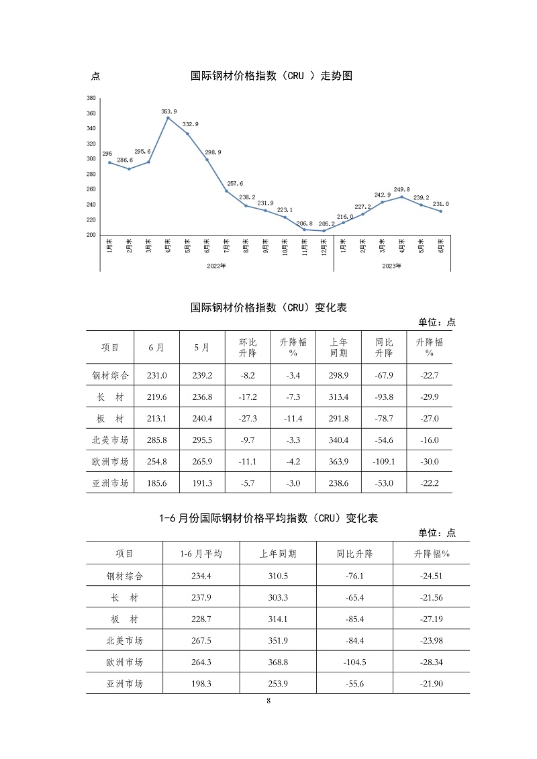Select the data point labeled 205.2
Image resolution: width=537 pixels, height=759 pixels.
324,231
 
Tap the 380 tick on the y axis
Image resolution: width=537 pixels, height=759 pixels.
91,98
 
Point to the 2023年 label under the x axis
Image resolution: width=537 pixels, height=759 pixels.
392,266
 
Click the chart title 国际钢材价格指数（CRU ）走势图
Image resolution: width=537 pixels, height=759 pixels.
272,76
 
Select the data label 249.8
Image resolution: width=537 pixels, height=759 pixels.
402,190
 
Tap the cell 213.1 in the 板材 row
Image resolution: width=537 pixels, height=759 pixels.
157,419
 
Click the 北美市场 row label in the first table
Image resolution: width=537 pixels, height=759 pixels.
110,440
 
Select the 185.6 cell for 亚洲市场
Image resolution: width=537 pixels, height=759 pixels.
157,483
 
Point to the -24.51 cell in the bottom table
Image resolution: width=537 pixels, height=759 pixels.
429,576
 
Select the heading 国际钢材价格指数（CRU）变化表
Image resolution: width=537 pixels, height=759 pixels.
268,307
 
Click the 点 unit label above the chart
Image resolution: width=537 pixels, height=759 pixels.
95,77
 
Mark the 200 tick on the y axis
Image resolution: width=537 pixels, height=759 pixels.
91,235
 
